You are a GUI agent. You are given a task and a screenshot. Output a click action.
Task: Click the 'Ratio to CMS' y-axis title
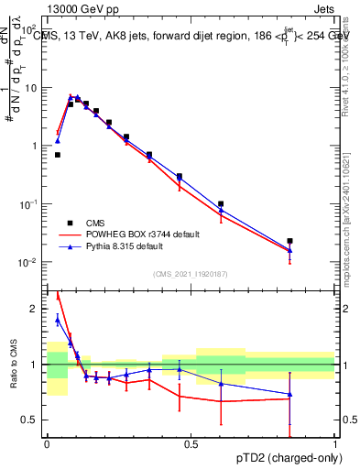click(13, 362)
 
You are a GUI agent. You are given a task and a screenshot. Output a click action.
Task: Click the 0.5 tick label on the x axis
click(191, 444)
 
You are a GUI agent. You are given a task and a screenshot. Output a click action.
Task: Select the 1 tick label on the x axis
click(335, 444)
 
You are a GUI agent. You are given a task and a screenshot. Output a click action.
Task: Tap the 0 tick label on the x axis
click(47, 444)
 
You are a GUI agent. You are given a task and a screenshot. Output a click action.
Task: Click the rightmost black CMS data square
click(289, 241)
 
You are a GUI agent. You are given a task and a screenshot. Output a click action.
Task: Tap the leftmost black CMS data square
click(57, 155)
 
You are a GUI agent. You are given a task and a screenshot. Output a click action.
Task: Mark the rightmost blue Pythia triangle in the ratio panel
click(289, 394)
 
